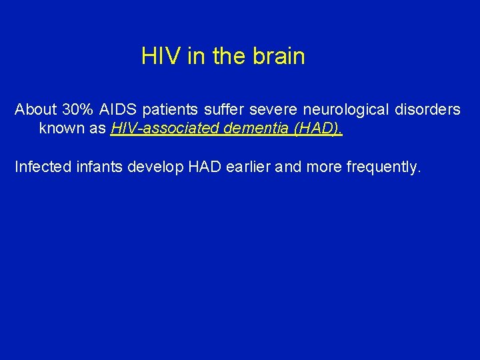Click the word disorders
(x=427, y=109)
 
